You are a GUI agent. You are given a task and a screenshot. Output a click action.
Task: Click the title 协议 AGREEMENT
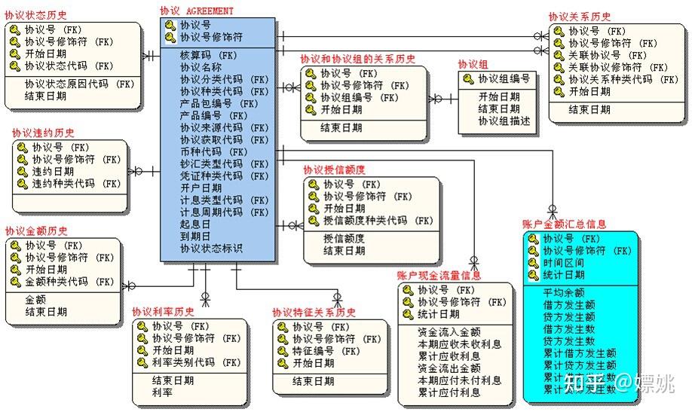click(197, 11)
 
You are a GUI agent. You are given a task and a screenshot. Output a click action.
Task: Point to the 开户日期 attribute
click(201, 188)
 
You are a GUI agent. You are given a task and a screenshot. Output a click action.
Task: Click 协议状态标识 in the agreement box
click(211, 248)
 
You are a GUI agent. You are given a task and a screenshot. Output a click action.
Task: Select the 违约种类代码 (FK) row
click(76, 183)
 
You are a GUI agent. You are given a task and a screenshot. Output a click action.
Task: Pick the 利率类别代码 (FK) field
click(196, 362)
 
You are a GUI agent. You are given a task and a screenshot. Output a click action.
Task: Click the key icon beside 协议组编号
click(468, 78)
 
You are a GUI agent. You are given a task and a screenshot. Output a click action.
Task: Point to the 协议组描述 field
click(504, 121)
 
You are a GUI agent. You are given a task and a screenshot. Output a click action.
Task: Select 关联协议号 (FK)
click(608, 55)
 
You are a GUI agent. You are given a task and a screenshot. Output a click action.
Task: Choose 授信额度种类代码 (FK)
click(378, 221)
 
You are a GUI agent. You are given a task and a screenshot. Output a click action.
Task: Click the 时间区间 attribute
click(564, 263)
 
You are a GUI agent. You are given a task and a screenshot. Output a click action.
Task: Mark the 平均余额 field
click(563, 292)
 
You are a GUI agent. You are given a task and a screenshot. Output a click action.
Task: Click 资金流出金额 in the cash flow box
click(449, 368)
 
